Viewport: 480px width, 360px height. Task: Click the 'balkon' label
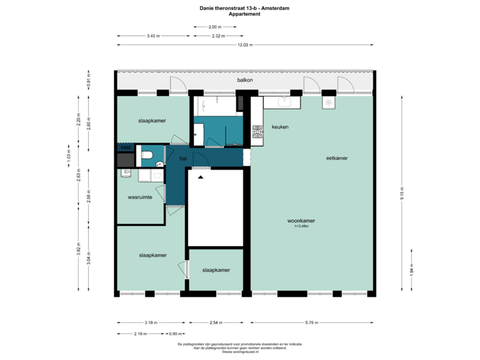[x=244, y=80]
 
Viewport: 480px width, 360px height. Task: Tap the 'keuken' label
[x=280, y=127]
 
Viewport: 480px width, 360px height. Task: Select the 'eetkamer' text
[x=336, y=158]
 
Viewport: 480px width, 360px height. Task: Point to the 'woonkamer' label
[x=301, y=220]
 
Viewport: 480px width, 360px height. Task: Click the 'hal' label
[x=183, y=159]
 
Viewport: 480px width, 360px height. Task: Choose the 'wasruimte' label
[x=140, y=198]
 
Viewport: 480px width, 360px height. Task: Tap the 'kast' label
[x=124, y=147]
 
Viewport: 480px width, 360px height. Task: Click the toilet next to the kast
[x=147, y=156]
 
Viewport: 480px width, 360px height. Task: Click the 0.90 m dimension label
[x=175, y=333]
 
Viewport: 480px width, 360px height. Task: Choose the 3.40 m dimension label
[x=153, y=35]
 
